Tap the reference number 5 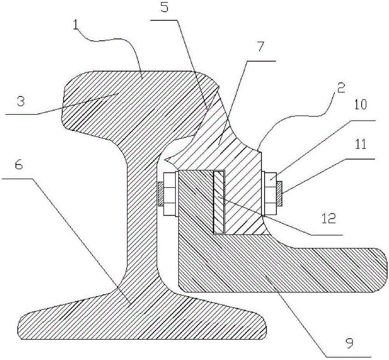pos(164,8)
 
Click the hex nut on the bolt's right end pos(270,193)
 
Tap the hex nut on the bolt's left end pos(169,193)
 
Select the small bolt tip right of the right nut pos(279,193)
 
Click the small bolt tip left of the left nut pos(160,194)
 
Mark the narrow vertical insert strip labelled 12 pos(219,202)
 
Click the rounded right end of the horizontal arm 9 pos(383,270)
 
